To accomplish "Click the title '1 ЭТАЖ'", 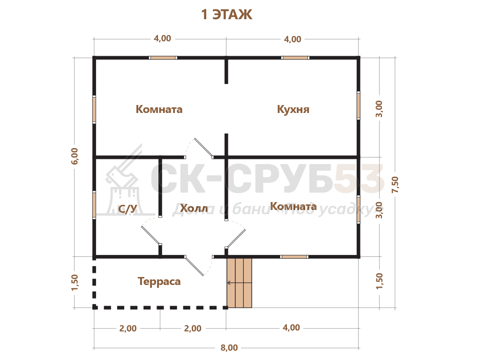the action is [226, 15].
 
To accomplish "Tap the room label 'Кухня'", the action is [293, 109].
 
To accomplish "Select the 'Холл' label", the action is [194, 208].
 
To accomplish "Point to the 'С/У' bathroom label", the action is [127, 209].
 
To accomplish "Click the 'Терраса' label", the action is [159, 281].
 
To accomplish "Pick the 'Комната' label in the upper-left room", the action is [159, 109].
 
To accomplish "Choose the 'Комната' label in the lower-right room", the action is [293, 206].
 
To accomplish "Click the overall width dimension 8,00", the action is [229, 348].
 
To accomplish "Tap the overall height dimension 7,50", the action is [395, 185].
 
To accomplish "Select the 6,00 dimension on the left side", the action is [75, 156].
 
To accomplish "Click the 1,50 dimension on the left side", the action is [75, 283].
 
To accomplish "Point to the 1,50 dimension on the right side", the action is [379, 281].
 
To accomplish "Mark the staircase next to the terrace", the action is [240, 283].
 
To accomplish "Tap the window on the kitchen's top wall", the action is [295, 58].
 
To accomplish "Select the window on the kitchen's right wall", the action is [359, 105].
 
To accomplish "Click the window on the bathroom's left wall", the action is [94, 204].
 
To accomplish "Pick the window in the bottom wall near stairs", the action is [294, 257].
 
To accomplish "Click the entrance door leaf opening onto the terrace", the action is [194, 266].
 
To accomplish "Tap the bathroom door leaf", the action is [151, 235].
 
